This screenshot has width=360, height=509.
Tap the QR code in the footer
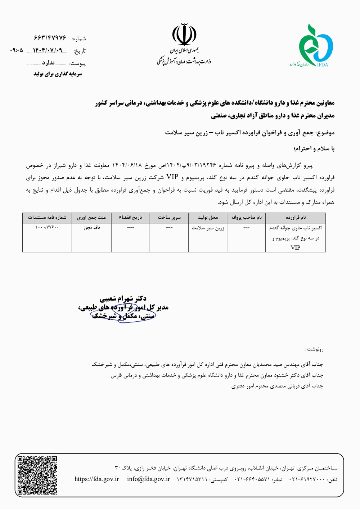[x=37, y=475]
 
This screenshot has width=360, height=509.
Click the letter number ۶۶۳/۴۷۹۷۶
[x=50, y=38]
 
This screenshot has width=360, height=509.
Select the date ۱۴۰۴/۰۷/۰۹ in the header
[x=48, y=50]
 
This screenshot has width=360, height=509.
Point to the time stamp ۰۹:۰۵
[x=17, y=50]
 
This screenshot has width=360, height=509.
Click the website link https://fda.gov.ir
[x=96, y=479]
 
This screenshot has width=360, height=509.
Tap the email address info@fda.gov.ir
[x=148, y=479]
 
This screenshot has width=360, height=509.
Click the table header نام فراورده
[x=296, y=218]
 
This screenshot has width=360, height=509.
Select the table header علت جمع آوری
[x=91, y=218]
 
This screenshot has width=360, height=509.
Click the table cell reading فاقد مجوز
[x=91, y=228]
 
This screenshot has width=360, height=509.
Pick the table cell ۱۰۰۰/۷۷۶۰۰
[x=47, y=228]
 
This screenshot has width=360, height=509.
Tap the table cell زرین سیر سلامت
[x=208, y=228]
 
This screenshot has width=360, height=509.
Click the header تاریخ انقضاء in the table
[x=130, y=218]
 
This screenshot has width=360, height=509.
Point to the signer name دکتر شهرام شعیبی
[x=123, y=299]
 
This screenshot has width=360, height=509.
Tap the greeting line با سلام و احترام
[x=314, y=148]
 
